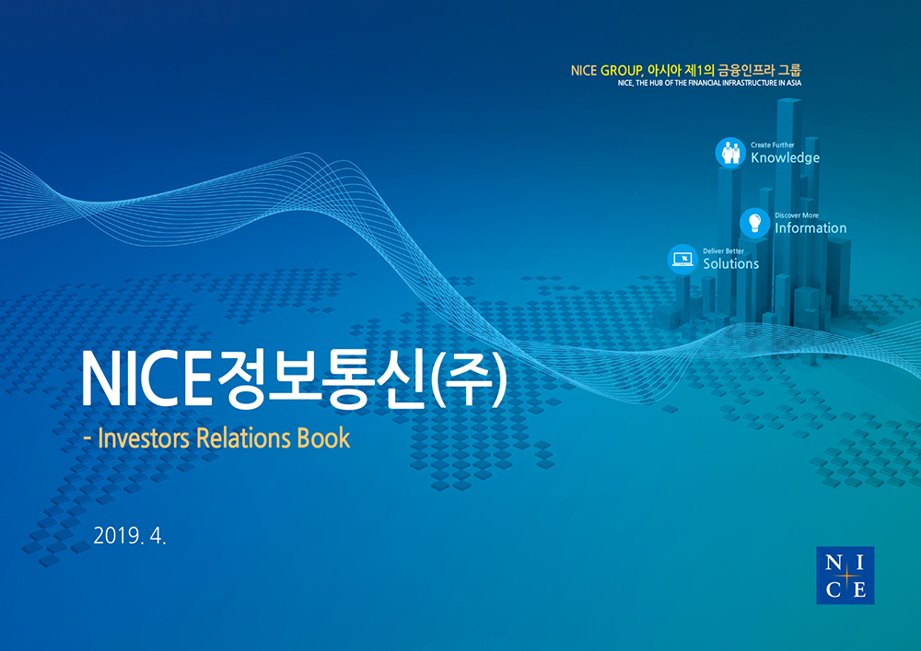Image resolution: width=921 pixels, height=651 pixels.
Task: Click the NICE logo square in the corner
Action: coord(845,575)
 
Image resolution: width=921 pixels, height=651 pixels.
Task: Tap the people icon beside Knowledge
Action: coord(730,153)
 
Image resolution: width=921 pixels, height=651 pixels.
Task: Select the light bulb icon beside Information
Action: coord(755,223)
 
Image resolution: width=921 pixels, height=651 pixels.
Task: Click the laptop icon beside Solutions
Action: coord(682,259)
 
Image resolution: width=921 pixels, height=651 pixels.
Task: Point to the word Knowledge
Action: coord(786,157)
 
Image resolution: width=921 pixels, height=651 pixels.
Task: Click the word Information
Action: coord(810,227)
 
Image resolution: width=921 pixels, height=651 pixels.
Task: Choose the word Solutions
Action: coord(731,263)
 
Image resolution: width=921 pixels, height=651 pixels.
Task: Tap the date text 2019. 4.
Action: coord(130,535)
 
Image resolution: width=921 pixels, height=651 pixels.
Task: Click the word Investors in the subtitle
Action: coord(144,438)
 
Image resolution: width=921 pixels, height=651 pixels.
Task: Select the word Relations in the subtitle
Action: coord(243,438)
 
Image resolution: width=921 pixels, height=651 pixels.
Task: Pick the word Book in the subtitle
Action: coord(323,438)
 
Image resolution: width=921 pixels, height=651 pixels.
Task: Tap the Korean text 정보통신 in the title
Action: coord(321,379)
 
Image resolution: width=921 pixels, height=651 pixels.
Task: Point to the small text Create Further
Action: coord(773,145)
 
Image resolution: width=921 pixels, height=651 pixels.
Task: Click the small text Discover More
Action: coord(797,215)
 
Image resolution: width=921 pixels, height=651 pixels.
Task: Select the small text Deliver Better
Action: coord(724,251)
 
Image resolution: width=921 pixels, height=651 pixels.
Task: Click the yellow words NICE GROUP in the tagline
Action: coord(607,71)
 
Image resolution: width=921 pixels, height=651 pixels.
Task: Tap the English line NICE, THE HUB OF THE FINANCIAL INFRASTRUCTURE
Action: coord(709,83)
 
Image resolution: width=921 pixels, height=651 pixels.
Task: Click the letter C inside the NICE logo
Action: coord(833,588)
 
